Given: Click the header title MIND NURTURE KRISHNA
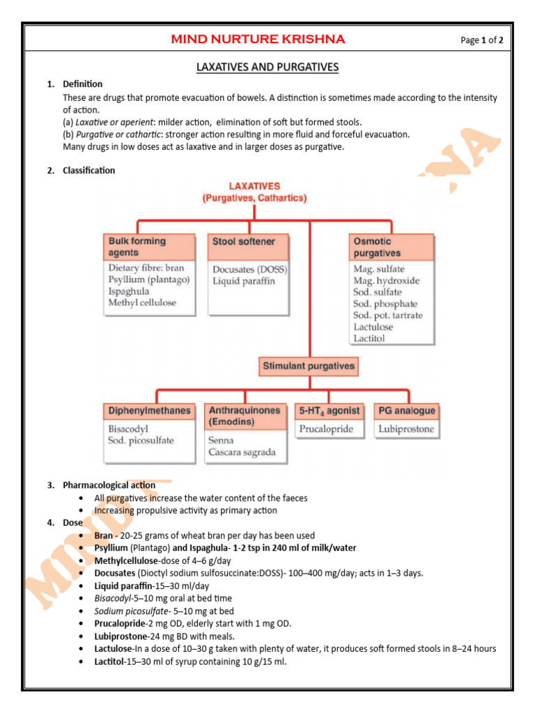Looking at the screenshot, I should [258, 39].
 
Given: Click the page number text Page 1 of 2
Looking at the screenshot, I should [481, 40].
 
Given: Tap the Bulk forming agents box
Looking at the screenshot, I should [149, 247].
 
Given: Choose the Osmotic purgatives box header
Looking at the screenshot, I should [391, 247].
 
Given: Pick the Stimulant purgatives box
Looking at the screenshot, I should [308, 366].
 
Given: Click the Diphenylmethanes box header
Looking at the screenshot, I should [149, 411].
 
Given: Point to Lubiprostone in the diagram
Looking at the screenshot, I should [406, 430].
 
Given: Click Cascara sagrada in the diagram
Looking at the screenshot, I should [242, 453].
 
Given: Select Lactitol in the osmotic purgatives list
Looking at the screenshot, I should [369, 338].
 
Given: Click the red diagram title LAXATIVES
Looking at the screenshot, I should [254, 186].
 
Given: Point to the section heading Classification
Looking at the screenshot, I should [89, 171].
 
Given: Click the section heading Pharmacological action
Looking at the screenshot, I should [109, 485].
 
